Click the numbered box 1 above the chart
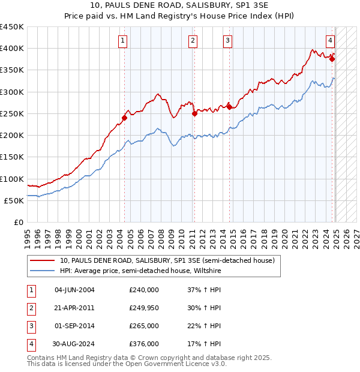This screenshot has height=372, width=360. pyautogui.click(x=122, y=41)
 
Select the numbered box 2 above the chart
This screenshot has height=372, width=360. pyautogui.click(x=193, y=41)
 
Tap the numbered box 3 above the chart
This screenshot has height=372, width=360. pyautogui.click(x=229, y=41)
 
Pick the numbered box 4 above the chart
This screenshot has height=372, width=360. pyautogui.click(x=331, y=41)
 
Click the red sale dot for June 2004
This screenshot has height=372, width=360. pyautogui.click(x=124, y=118)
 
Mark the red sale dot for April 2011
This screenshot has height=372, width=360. pyautogui.click(x=194, y=113)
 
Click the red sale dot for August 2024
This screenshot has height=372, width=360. pyautogui.click(x=332, y=59)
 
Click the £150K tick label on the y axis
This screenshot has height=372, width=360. pyautogui.click(x=11, y=157)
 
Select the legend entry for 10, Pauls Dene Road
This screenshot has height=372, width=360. pyautogui.click(x=167, y=260)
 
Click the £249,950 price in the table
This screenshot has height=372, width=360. pyautogui.click(x=144, y=308)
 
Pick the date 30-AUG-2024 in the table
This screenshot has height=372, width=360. pyautogui.click(x=73, y=344)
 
